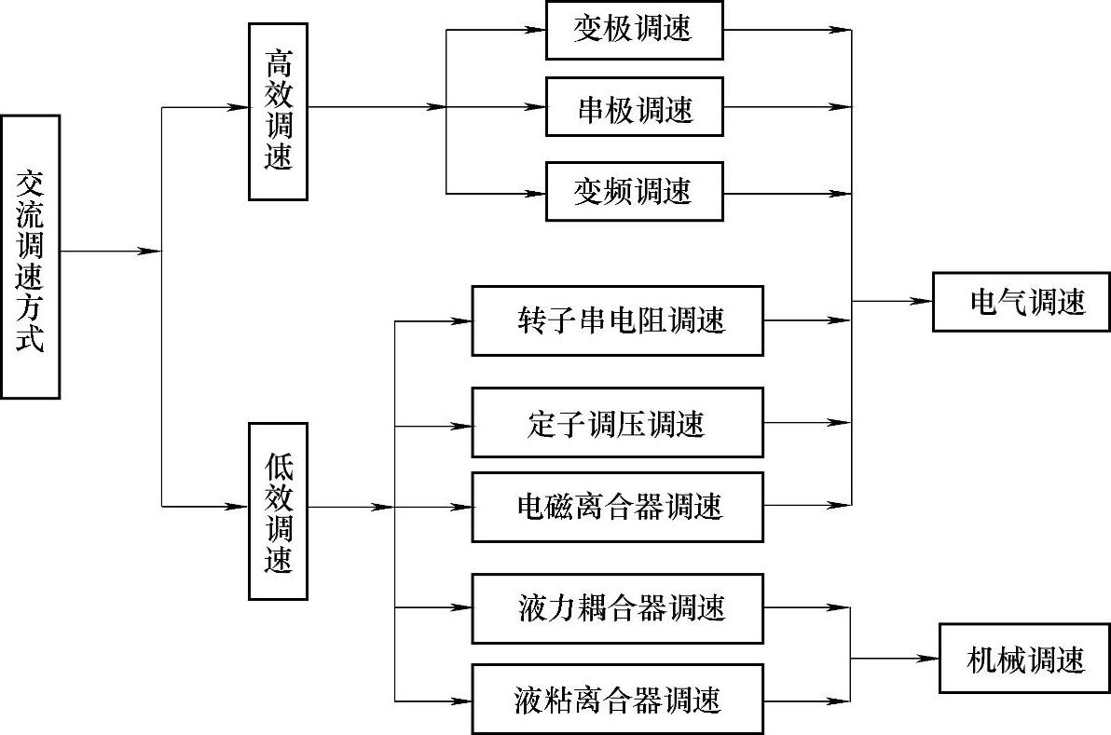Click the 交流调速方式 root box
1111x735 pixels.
[31, 256]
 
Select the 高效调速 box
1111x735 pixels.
[278, 111]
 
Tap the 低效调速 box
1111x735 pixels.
[278, 511]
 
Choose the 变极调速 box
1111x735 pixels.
[633, 29]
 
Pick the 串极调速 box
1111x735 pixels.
[633, 111]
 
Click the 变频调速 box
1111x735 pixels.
[633, 193]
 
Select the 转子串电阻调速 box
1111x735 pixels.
[618, 320]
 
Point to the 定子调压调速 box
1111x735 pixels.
[618, 423]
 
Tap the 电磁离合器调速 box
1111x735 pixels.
[618, 507]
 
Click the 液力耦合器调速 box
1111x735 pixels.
[618, 609]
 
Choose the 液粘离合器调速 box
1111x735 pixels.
[618, 699]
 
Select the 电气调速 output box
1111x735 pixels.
[1022, 302]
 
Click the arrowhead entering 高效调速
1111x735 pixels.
[240, 107]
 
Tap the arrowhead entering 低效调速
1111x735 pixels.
[240, 507]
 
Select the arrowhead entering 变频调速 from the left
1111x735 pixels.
[537, 194]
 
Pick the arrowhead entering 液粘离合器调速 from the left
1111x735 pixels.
[463, 700]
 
